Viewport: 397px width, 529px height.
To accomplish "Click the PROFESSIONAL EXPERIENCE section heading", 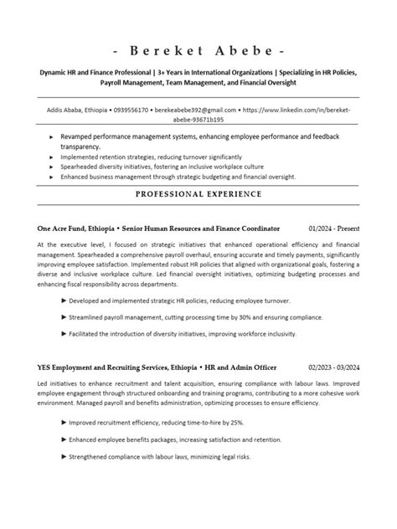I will point(198,194).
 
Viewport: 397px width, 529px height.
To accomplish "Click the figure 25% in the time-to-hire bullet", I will point(237,423).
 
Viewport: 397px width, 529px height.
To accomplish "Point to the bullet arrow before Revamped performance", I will point(52,135).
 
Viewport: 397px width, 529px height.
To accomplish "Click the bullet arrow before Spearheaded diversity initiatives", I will point(52,166).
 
